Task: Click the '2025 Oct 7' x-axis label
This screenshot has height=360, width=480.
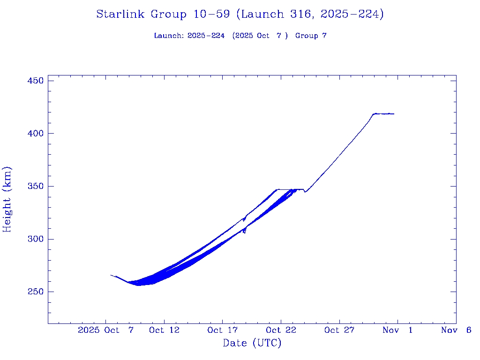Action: (106, 330)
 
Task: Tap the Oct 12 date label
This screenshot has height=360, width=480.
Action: (164, 330)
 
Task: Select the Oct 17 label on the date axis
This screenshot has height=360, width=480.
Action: (222, 330)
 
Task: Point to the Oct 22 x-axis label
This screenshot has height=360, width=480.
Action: (280, 330)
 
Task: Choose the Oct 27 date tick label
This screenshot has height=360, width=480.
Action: (339, 330)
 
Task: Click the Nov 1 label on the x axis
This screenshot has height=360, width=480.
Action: (397, 330)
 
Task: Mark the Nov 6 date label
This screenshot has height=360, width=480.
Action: (456, 330)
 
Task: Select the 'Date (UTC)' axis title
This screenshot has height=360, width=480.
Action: (252, 344)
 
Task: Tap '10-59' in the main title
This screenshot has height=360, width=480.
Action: (211, 15)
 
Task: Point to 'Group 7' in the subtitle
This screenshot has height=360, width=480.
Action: (311, 36)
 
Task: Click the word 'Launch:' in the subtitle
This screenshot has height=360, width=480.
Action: (169, 36)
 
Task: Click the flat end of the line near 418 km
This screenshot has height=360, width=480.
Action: (393, 114)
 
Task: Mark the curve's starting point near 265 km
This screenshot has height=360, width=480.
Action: (111, 275)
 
